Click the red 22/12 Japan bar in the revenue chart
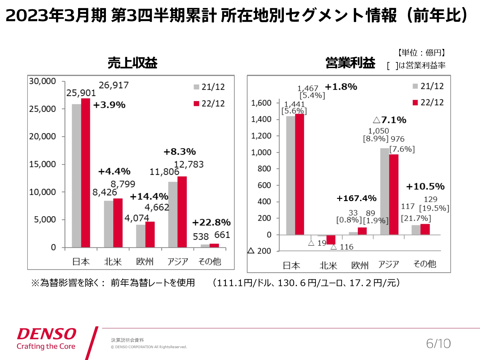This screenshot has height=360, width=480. tap(85, 173)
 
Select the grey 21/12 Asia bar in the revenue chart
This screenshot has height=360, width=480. tap(172, 214)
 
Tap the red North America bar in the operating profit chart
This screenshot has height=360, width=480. tap(331, 239)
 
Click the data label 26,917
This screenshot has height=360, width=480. tap(114, 85)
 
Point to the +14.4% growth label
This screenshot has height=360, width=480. tap(149, 196)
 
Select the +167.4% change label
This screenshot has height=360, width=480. tap(356, 198)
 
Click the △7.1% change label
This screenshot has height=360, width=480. tap(389, 120)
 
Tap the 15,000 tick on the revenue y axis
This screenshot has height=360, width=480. tap(43, 164)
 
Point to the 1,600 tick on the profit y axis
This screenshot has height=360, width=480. tap(261, 103)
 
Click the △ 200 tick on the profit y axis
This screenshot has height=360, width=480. tap(260, 251)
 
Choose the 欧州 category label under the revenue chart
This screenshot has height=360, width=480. tap(145, 262)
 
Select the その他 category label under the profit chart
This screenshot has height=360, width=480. tap(425, 264)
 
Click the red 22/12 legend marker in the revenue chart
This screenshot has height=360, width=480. tap(196, 104)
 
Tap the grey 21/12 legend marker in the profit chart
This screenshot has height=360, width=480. tap(415, 86)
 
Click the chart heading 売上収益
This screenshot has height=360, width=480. tap(132, 63)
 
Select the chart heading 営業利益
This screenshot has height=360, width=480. tap(350, 63)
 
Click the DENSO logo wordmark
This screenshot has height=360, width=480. tap(47, 334)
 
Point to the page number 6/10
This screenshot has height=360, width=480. tap(438, 344)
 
